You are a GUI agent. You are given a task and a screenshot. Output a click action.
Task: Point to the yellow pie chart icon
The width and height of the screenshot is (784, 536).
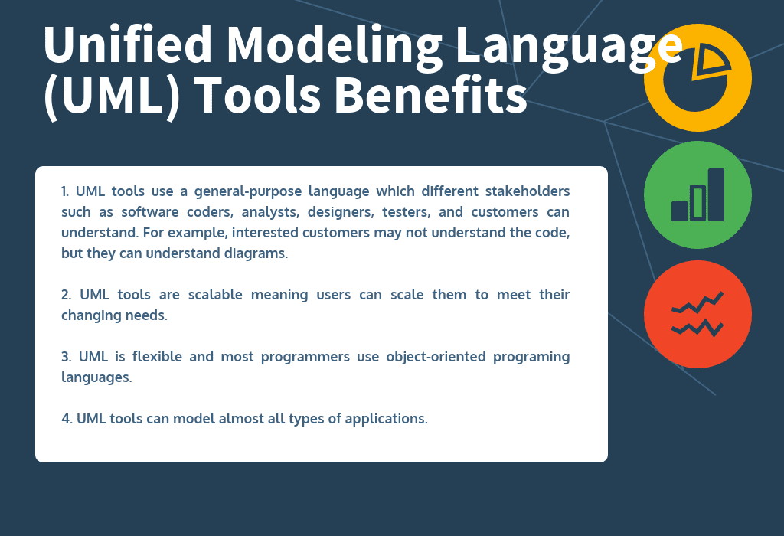coord(697,77)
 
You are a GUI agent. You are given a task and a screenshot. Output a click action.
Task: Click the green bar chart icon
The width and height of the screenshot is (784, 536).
coord(697,194)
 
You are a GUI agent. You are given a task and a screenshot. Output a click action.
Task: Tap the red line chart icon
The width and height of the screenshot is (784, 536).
coord(697,315)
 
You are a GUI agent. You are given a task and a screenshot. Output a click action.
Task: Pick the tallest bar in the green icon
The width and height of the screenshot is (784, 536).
coord(716,194)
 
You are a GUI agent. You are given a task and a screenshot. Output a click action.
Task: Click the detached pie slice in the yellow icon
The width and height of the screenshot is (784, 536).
coord(709,62)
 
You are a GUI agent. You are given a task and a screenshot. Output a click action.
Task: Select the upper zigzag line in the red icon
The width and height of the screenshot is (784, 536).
coord(697,304)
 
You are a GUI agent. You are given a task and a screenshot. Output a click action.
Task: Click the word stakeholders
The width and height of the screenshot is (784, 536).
coord(528,191)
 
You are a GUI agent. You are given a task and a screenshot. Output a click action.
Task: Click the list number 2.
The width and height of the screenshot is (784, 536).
coord(65,295)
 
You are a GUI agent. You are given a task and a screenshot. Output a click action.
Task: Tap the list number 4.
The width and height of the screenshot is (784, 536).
coord(65,419)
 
